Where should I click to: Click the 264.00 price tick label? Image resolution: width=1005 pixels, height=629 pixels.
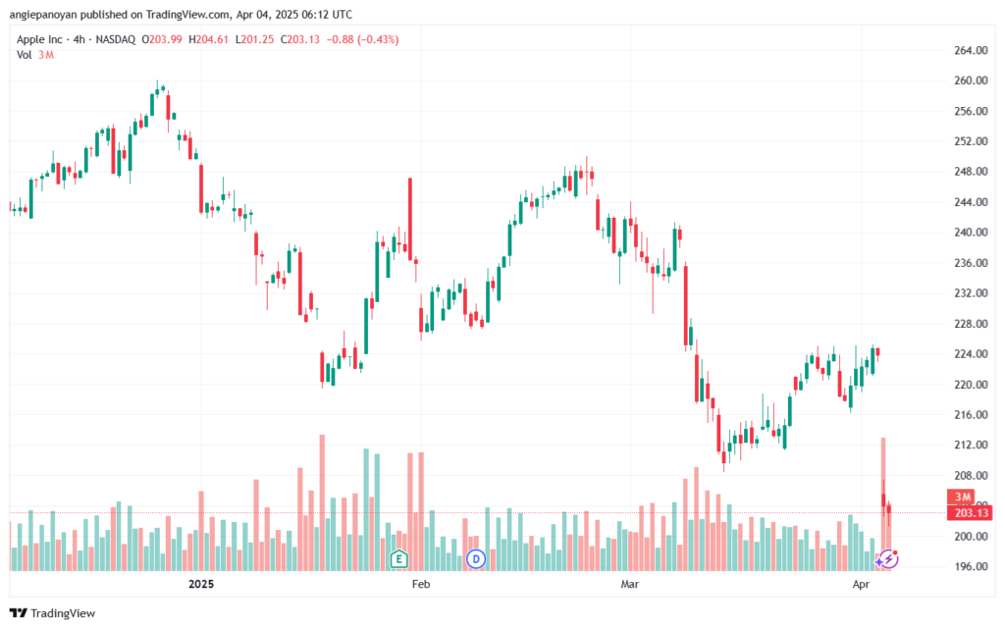(971, 51)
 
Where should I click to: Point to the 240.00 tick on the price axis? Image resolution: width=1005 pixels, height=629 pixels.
(971, 233)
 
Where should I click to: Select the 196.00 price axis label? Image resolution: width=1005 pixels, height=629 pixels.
(971, 567)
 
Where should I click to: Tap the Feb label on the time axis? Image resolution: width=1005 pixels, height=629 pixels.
(420, 584)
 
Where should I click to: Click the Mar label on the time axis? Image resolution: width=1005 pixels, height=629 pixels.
(630, 584)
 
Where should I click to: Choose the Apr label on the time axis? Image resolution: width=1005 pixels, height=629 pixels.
(861, 584)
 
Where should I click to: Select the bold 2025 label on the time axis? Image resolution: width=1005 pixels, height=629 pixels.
(201, 584)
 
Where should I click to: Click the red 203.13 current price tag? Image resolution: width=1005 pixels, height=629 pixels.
(970, 513)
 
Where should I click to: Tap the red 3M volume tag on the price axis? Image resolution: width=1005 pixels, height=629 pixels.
(962, 498)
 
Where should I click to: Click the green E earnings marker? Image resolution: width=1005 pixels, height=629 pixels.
(398, 559)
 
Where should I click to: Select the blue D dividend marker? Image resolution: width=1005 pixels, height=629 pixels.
(476, 559)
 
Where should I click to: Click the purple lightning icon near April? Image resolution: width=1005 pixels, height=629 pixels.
(887, 559)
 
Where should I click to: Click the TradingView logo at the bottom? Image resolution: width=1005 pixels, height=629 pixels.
(53, 613)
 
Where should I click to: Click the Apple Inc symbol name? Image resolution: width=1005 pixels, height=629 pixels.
(39, 39)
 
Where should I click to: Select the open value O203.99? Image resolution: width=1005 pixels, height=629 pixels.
(162, 39)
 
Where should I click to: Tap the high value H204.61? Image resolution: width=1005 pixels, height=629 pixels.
(208, 39)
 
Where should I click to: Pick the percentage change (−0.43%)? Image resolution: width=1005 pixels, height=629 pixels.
(378, 39)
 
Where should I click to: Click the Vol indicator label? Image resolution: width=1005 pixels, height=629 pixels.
(25, 55)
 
